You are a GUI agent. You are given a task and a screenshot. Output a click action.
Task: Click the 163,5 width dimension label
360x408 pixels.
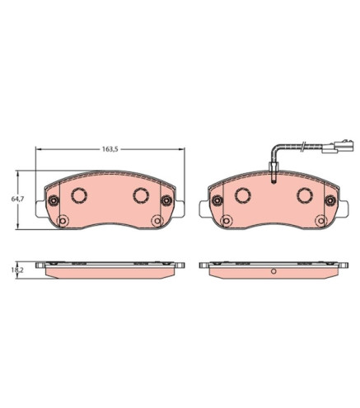[x=110, y=149]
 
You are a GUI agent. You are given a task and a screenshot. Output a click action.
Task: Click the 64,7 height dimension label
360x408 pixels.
[x=17, y=199]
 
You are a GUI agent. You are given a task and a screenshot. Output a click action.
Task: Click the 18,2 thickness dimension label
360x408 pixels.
[x=17, y=270]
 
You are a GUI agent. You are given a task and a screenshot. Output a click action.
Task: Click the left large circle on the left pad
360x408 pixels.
[x=79, y=195]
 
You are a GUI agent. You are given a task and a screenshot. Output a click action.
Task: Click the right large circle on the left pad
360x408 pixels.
[x=141, y=195]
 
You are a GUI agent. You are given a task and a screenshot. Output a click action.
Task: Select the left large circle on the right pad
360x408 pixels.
[x=243, y=195]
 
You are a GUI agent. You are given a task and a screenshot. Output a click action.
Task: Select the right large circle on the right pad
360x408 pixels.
[x=305, y=195]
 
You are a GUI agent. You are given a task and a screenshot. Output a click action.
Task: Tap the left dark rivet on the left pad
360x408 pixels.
[x=54, y=200]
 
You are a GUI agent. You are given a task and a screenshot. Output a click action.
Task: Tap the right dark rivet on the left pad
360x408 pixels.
[x=166, y=200]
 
